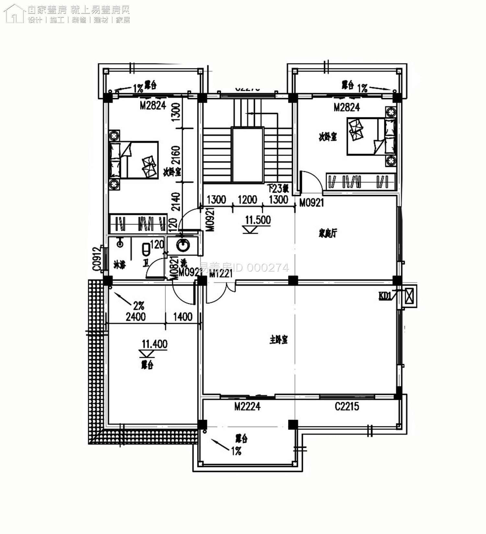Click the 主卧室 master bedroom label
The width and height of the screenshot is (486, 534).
coord(279,340)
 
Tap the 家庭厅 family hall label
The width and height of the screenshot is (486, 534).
coord(328,233)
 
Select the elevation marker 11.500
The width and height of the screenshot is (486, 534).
coord(258,220)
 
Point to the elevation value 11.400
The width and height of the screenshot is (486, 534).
coord(155,344)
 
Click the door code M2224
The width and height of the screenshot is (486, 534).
coord(247,406)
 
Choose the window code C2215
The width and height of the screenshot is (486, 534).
coord(347,406)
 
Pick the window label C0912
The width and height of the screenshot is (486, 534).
coord(96,259)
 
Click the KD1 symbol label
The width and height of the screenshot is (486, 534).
coord(385,296)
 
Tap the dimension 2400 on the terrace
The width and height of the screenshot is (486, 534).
coord(136,317)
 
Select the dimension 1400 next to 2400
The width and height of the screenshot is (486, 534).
coord(183,317)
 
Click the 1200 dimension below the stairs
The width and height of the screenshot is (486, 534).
coord(247,200)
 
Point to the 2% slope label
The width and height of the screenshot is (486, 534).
coord(139,306)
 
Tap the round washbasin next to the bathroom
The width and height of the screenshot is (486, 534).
coord(183,245)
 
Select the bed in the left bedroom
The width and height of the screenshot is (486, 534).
coord(133,160)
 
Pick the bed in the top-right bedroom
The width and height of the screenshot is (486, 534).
coord(371,136)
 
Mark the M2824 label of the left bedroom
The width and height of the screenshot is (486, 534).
coord(153,105)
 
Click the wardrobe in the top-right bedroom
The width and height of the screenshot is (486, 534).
coord(360,181)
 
